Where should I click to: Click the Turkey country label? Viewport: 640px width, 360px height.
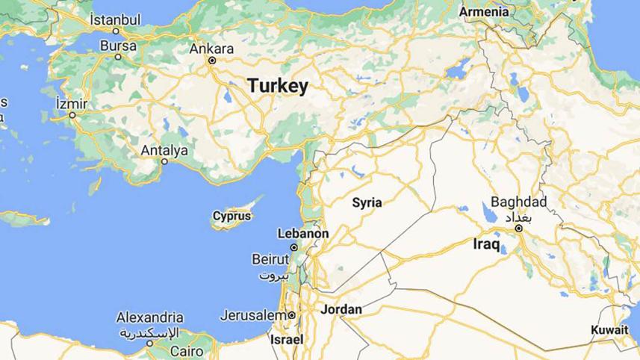pos(278,87)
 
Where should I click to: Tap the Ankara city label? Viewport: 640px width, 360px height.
pos(212,49)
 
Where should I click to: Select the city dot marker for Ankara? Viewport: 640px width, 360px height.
pos(212,60)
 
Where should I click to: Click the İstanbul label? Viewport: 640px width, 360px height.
pos(115,19)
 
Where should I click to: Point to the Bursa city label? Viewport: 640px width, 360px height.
pos(118,46)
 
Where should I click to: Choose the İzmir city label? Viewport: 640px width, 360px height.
pos(72,103)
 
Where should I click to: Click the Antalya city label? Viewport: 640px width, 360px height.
pos(164,151)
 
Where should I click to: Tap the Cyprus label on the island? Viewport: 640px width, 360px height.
pos(232,217)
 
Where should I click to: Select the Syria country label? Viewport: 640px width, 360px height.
pos(367,202)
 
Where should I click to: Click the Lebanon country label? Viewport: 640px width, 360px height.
pos(302,234)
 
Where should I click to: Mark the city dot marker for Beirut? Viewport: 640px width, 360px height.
pos(294,247)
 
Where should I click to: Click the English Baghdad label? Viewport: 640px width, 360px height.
pos(519,202)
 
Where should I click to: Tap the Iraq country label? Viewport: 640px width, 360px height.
pos(491,243)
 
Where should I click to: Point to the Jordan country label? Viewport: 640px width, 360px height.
pos(341,309)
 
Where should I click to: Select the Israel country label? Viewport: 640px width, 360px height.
pos(287,339)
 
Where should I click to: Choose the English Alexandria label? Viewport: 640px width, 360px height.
pos(150,317)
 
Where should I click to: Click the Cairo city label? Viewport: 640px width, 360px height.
pos(186,350)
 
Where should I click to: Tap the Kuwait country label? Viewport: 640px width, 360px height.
pos(610,330)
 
